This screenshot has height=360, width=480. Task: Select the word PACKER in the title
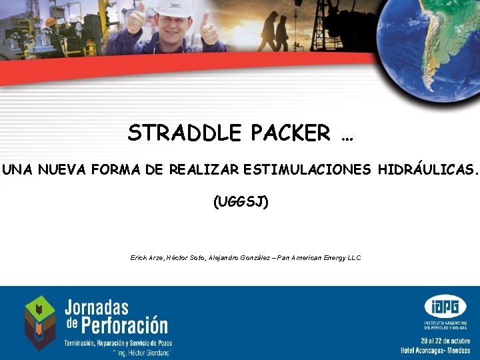[x=291, y=133]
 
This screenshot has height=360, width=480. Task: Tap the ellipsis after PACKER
[x=346, y=137]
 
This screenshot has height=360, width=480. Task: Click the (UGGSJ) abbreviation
[x=240, y=201]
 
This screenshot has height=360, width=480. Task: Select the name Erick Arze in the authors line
[x=147, y=257]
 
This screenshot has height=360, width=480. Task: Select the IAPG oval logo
[x=445, y=308]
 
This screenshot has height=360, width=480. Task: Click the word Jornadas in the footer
[x=96, y=308]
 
